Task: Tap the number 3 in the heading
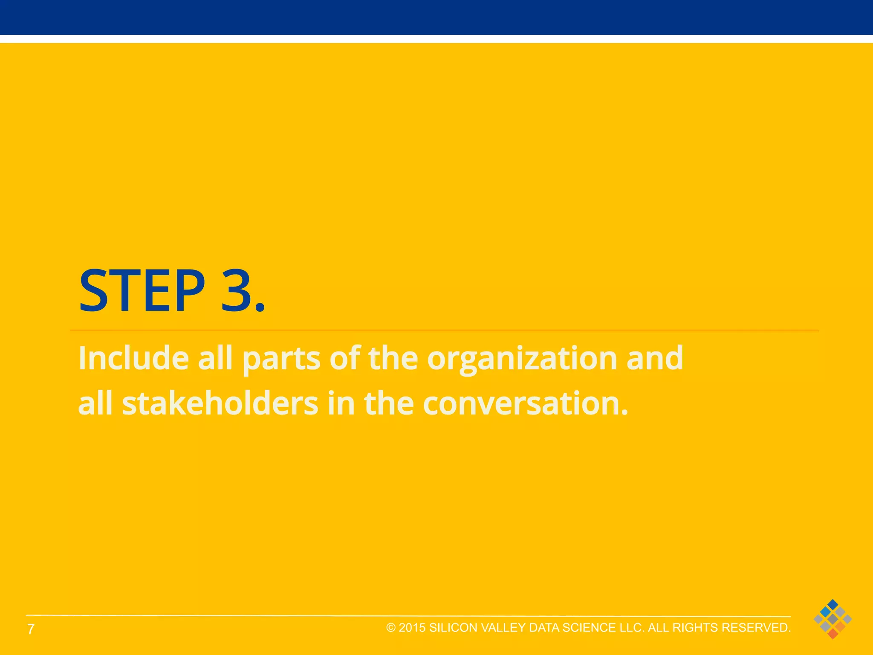tap(237, 291)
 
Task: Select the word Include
tap(133, 358)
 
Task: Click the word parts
tap(281, 359)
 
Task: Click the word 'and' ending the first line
tap(655, 358)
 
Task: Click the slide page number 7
tap(31, 629)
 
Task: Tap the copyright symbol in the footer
tap(391, 628)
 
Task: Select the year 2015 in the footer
tap(412, 628)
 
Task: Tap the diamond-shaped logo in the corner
tap(833, 619)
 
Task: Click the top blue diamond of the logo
tap(833, 604)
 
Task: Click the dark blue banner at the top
tap(436, 17)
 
